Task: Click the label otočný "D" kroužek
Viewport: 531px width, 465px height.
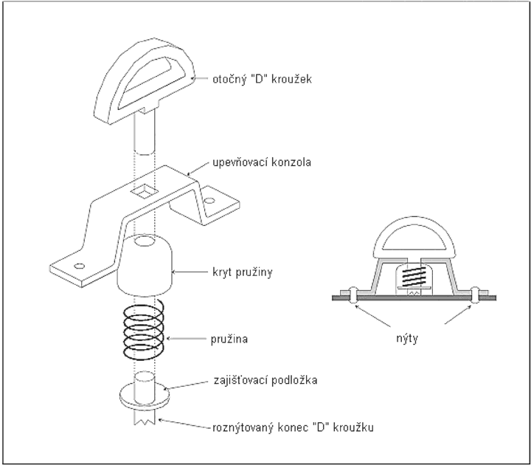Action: (262, 79)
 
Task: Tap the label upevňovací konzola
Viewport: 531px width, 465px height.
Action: (262, 162)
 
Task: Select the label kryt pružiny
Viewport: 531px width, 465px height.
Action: (243, 272)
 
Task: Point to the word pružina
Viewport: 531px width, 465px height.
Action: (229, 339)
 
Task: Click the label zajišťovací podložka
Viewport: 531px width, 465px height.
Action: (265, 380)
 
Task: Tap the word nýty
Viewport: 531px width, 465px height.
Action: (407, 338)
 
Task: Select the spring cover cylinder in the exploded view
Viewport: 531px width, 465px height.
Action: (145, 265)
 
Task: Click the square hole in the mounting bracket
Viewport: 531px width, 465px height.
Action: (145, 191)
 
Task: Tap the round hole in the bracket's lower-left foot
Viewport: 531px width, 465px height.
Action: (79, 266)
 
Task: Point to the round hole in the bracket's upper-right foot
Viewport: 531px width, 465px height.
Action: (209, 201)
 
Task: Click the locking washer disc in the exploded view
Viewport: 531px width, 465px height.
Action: (145, 396)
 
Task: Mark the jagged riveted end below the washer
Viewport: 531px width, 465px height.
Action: (145, 417)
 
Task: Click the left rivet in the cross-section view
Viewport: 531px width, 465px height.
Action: (353, 294)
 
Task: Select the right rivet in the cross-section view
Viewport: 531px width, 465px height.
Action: (476, 295)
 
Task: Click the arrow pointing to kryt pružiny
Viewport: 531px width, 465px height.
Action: (190, 272)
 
